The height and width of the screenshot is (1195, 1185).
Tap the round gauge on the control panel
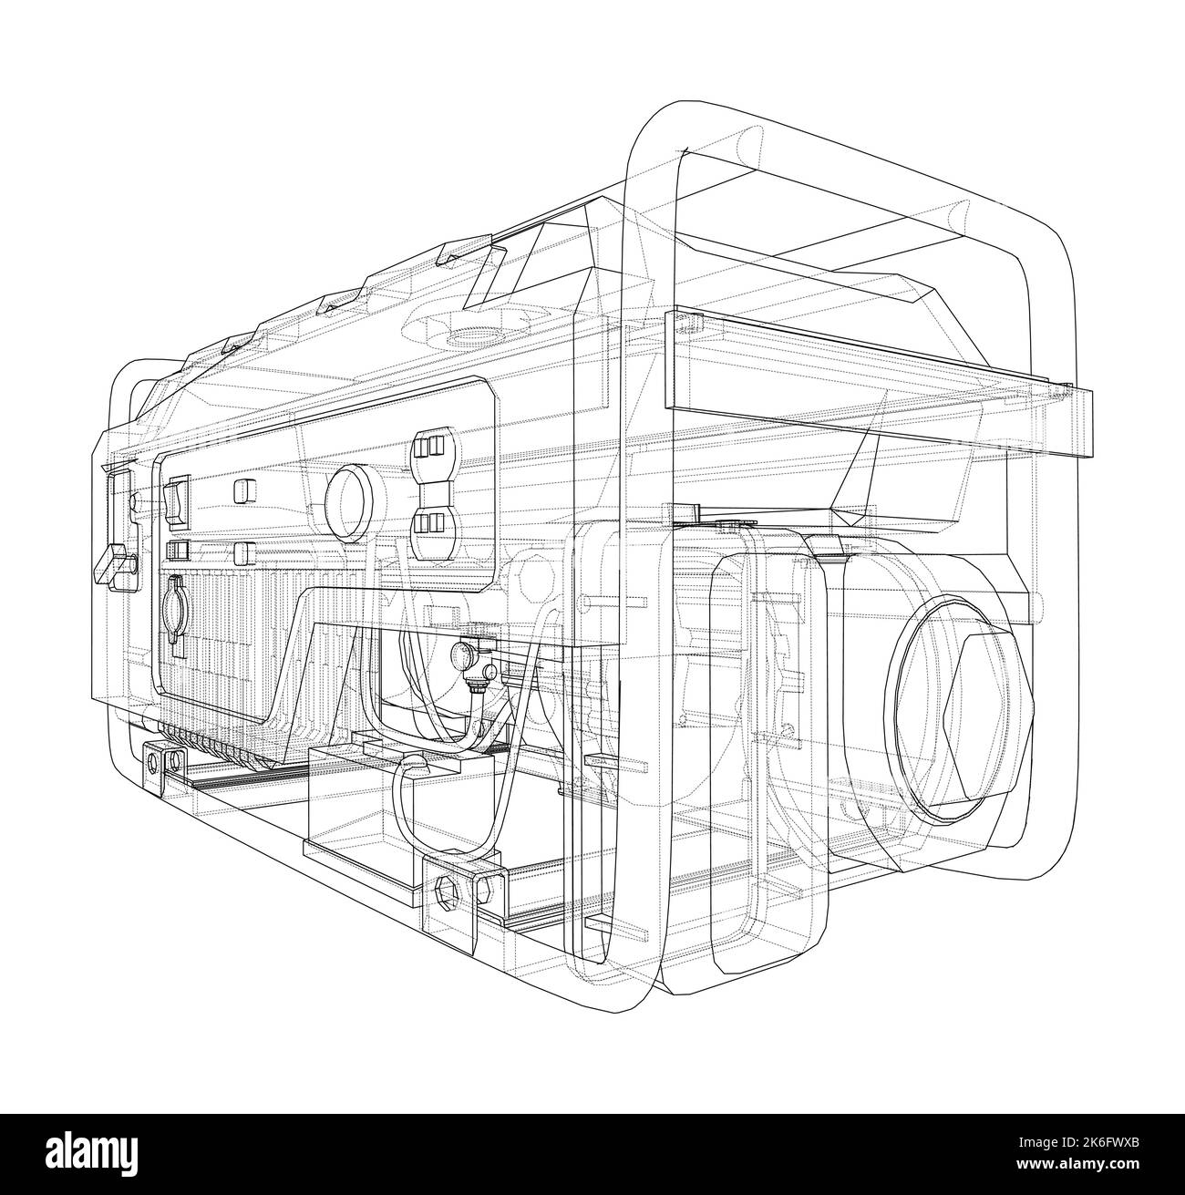click(x=348, y=504)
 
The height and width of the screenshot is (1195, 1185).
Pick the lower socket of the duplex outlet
click(x=428, y=522)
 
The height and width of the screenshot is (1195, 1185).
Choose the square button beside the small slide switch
click(x=244, y=554)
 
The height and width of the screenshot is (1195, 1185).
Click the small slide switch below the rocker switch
click(x=178, y=550)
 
